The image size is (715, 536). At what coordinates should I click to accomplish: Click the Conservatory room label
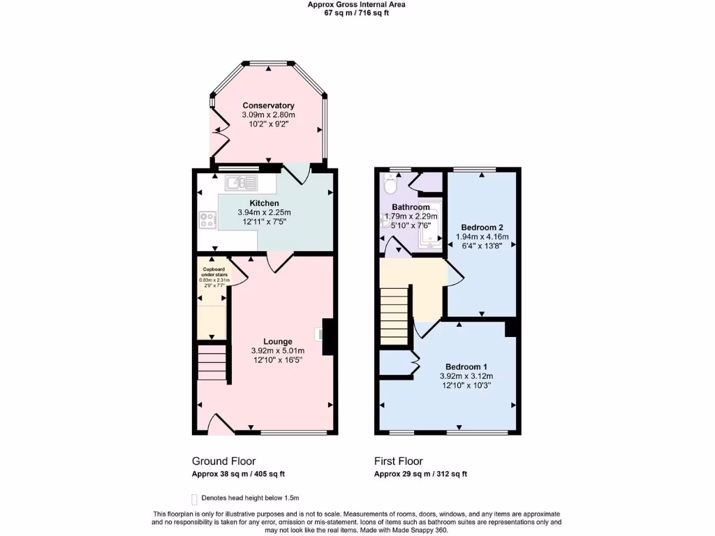268,105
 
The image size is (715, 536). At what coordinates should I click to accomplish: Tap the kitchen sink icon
242,183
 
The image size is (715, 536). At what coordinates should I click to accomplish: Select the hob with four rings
207,220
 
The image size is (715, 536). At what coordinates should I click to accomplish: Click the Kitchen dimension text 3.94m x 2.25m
265,213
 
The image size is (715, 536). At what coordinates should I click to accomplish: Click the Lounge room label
278,341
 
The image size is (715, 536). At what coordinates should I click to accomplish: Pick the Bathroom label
411,207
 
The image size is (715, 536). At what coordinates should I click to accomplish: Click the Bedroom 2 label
482,228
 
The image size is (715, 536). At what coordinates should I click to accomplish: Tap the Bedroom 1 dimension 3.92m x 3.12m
466,375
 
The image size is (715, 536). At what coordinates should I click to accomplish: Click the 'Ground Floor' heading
223,461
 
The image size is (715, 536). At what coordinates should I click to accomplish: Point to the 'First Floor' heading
399,461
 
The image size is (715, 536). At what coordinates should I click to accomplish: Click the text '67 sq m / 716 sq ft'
357,12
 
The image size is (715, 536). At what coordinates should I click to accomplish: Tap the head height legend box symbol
194,498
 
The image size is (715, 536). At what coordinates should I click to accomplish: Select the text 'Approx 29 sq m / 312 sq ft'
420,474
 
